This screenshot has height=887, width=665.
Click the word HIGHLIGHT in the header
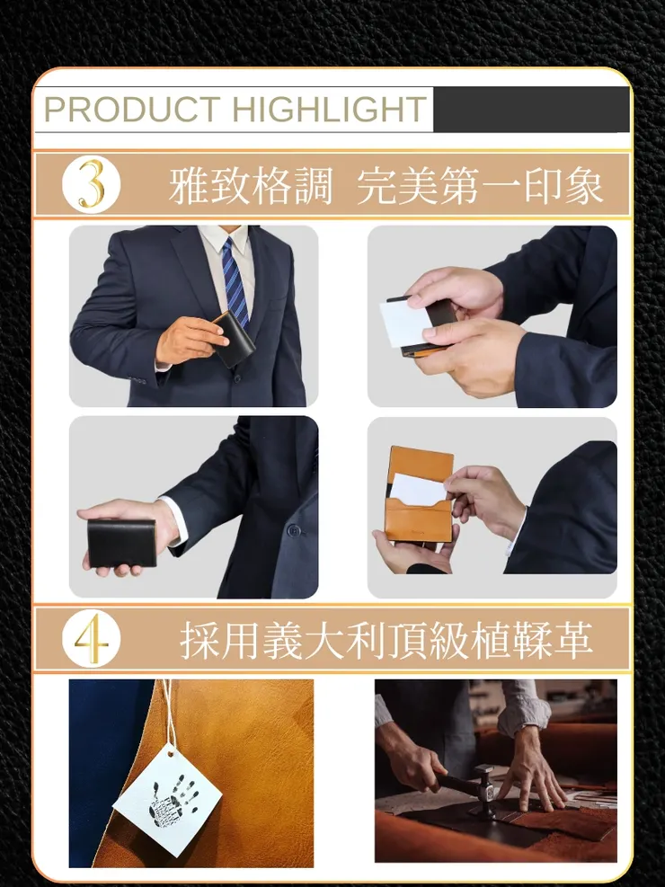pyautogui.click(x=328, y=110)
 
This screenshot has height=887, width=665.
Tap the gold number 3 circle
pyautogui.click(x=91, y=185)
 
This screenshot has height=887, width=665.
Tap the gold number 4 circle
pyautogui.click(x=91, y=639)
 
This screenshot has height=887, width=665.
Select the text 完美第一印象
pyautogui.click(x=479, y=186)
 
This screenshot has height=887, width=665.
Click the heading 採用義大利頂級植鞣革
pyautogui.click(x=386, y=640)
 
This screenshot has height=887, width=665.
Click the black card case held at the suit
pyautogui.click(x=235, y=341)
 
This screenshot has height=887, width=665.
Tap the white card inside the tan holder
pyautogui.click(x=420, y=489)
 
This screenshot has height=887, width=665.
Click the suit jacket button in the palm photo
pyautogui.click(x=293, y=530)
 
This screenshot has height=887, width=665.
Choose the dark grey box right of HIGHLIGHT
pyautogui.click(x=530, y=110)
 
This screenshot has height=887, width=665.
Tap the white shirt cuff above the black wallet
pyautogui.click(x=175, y=519)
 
